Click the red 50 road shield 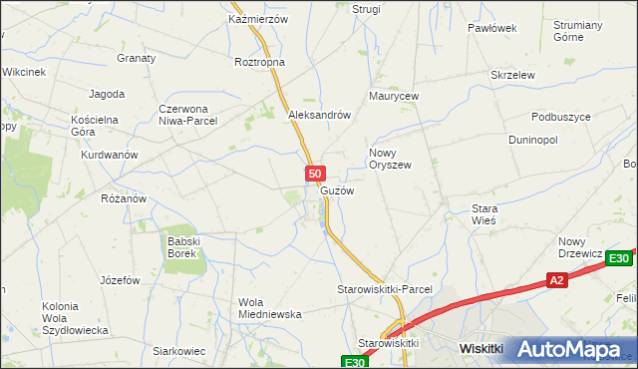click(313, 174)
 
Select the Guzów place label click(337, 190)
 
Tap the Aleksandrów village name click(319, 115)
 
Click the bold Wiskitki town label click(487, 348)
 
